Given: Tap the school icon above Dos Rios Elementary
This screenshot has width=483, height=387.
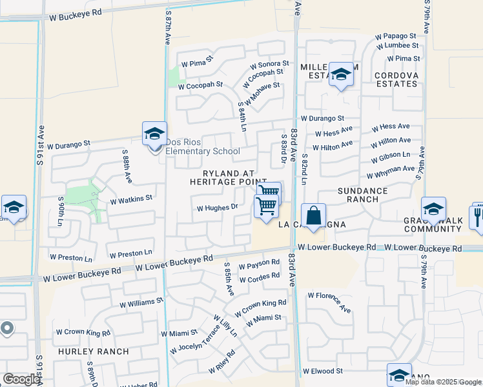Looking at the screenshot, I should [154, 134].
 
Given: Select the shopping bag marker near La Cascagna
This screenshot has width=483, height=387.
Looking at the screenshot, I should [313, 215].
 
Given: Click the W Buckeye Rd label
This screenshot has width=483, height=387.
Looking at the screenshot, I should [76, 12].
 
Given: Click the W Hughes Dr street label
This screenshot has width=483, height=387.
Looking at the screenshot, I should [218, 208].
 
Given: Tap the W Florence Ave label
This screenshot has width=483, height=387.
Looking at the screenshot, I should [329, 302].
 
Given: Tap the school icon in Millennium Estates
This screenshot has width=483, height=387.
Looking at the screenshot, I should [341, 75].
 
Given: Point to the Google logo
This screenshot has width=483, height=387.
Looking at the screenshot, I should [21, 379].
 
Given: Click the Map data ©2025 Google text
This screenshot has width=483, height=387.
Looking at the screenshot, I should [443, 382].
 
